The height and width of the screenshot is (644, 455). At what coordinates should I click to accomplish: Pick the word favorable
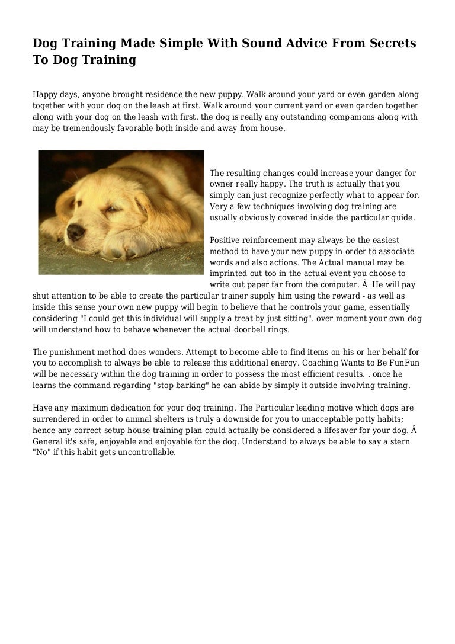point(141,127)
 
